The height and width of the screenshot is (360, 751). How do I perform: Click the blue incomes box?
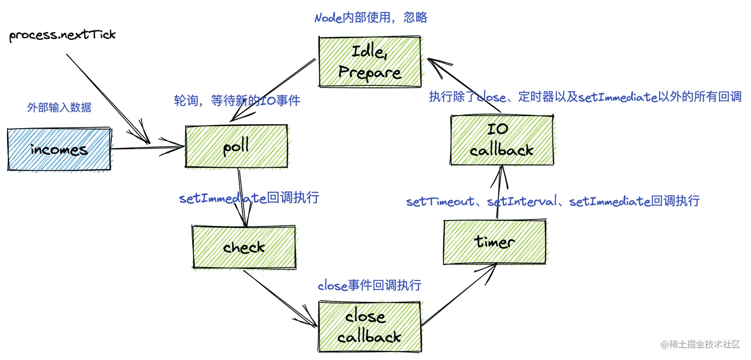pyautogui.click(x=59, y=149)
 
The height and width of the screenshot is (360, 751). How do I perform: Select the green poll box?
pyautogui.click(x=236, y=147)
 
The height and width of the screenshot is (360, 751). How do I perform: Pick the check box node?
pyautogui.click(x=243, y=247)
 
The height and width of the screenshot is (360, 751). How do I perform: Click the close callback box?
pyautogui.click(x=369, y=326)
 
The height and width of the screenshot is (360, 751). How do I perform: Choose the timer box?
pyautogui.click(x=494, y=242)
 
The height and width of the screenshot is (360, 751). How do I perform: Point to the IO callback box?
pyautogui.click(x=501, y=140)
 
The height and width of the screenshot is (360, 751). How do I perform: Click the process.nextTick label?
pyautogui.click(x=63, y=35)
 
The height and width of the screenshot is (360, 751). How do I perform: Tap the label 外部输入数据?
pyautogui.click(x=59, y=107)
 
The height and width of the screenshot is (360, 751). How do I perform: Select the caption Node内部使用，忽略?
pyautogui.click(x=371, y=18)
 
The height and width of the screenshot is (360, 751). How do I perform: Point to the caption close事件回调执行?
pyautogui.click(x=369, y=286)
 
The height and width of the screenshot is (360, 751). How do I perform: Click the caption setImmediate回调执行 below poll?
pyautogui.click(x=249, y=198)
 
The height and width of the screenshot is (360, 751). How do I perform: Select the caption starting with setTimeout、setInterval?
pyautogui.click(x=552, y=201)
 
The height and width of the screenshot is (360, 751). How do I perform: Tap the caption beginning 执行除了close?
pyautogui.click(x=585, y=97)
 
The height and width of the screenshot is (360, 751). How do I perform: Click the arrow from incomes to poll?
pyautogui.click(x=147, y=148)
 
